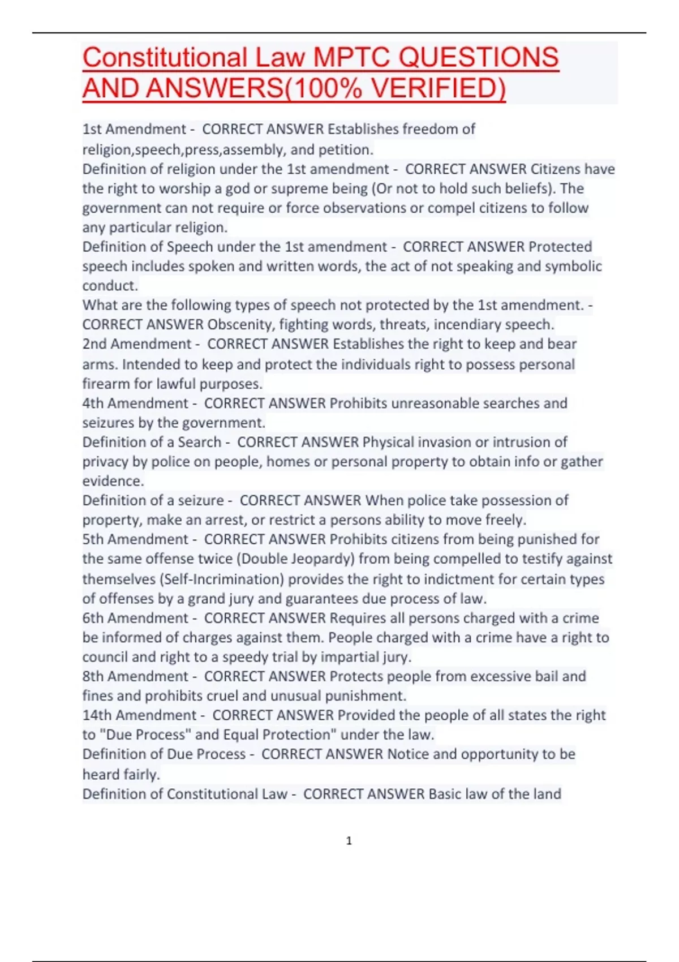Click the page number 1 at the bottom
349,841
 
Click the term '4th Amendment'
135,403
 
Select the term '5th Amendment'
135,539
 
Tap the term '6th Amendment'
135,618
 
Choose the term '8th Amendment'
135,676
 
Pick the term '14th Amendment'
139,715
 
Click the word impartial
349,657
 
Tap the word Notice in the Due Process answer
407,754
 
